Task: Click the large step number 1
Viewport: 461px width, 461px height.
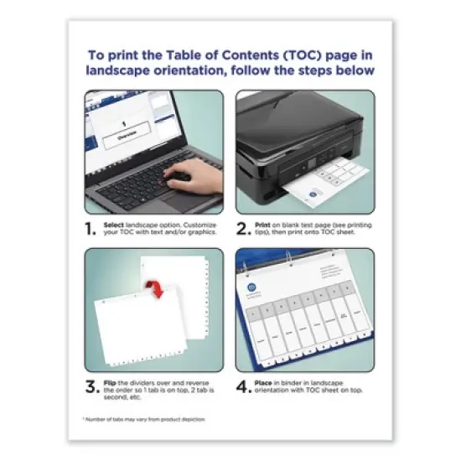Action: coord(91,230)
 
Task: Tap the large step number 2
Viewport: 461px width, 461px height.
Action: coord(242,230)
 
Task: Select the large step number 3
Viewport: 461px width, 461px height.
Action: coord(91,387)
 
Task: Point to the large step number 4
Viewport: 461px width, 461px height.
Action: coord(242,387)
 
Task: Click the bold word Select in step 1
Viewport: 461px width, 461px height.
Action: coord(116,225)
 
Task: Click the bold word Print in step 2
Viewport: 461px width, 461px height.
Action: coord(263,225)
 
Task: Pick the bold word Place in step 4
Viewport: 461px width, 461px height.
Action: coord(265,382)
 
